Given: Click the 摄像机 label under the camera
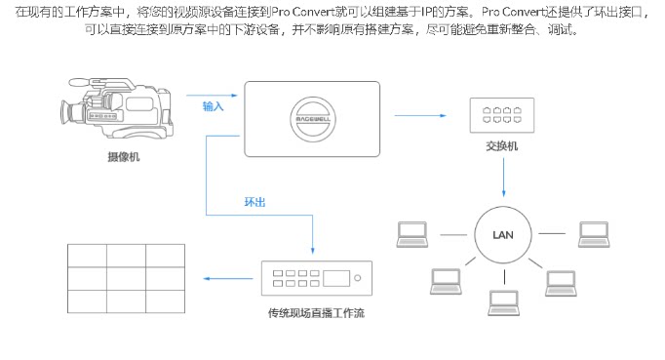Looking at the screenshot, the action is click(x=124, y=157).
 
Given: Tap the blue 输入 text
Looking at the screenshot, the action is click(x=213, y=106).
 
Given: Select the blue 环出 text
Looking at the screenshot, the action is click(x=254, y=202).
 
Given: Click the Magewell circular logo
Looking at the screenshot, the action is click(x=313, y=119).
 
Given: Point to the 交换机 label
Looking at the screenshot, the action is click(x=502, y=146).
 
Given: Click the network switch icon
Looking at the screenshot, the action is click(x=502, y=115).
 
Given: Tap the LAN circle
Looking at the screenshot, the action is click(x=503, y=235).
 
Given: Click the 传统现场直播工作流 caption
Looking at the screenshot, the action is click(x=316, y=313).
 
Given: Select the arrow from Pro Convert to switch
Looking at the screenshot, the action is click(x=420, y=115).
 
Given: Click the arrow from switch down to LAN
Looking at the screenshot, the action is click(x=504, y=178).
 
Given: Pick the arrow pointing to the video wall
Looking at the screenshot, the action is click(x=228, y=279).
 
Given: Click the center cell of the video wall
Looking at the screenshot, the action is click(x=127, y=278).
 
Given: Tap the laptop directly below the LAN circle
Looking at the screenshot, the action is click(x=504, y=302).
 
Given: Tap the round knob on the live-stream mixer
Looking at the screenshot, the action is click(x=358, y=278).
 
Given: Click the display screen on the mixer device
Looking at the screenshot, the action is click(x=336, y=278).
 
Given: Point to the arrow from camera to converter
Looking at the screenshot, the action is click(x=212, y=96).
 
